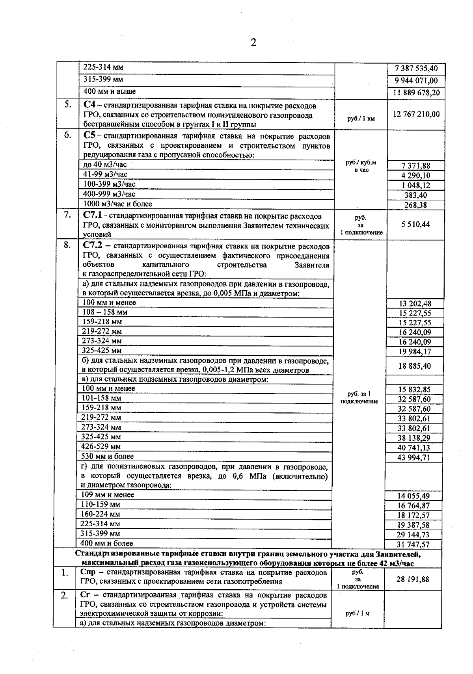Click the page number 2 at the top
[x=253, y=43]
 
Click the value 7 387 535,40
[x=416, y=69]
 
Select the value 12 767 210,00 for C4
[x=416, y=114]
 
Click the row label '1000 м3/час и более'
[x=117, y=204]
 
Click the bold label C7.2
[x=93, y=246]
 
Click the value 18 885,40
[x=415, y=366]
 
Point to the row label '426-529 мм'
[x=101, y=447]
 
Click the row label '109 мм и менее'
[x=107, y=495]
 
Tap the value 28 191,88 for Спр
[x=413, y=579]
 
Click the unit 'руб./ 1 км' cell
[x=361, y=119]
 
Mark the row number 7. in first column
[x=67, y=215]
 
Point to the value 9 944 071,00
[x=416, y=81]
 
